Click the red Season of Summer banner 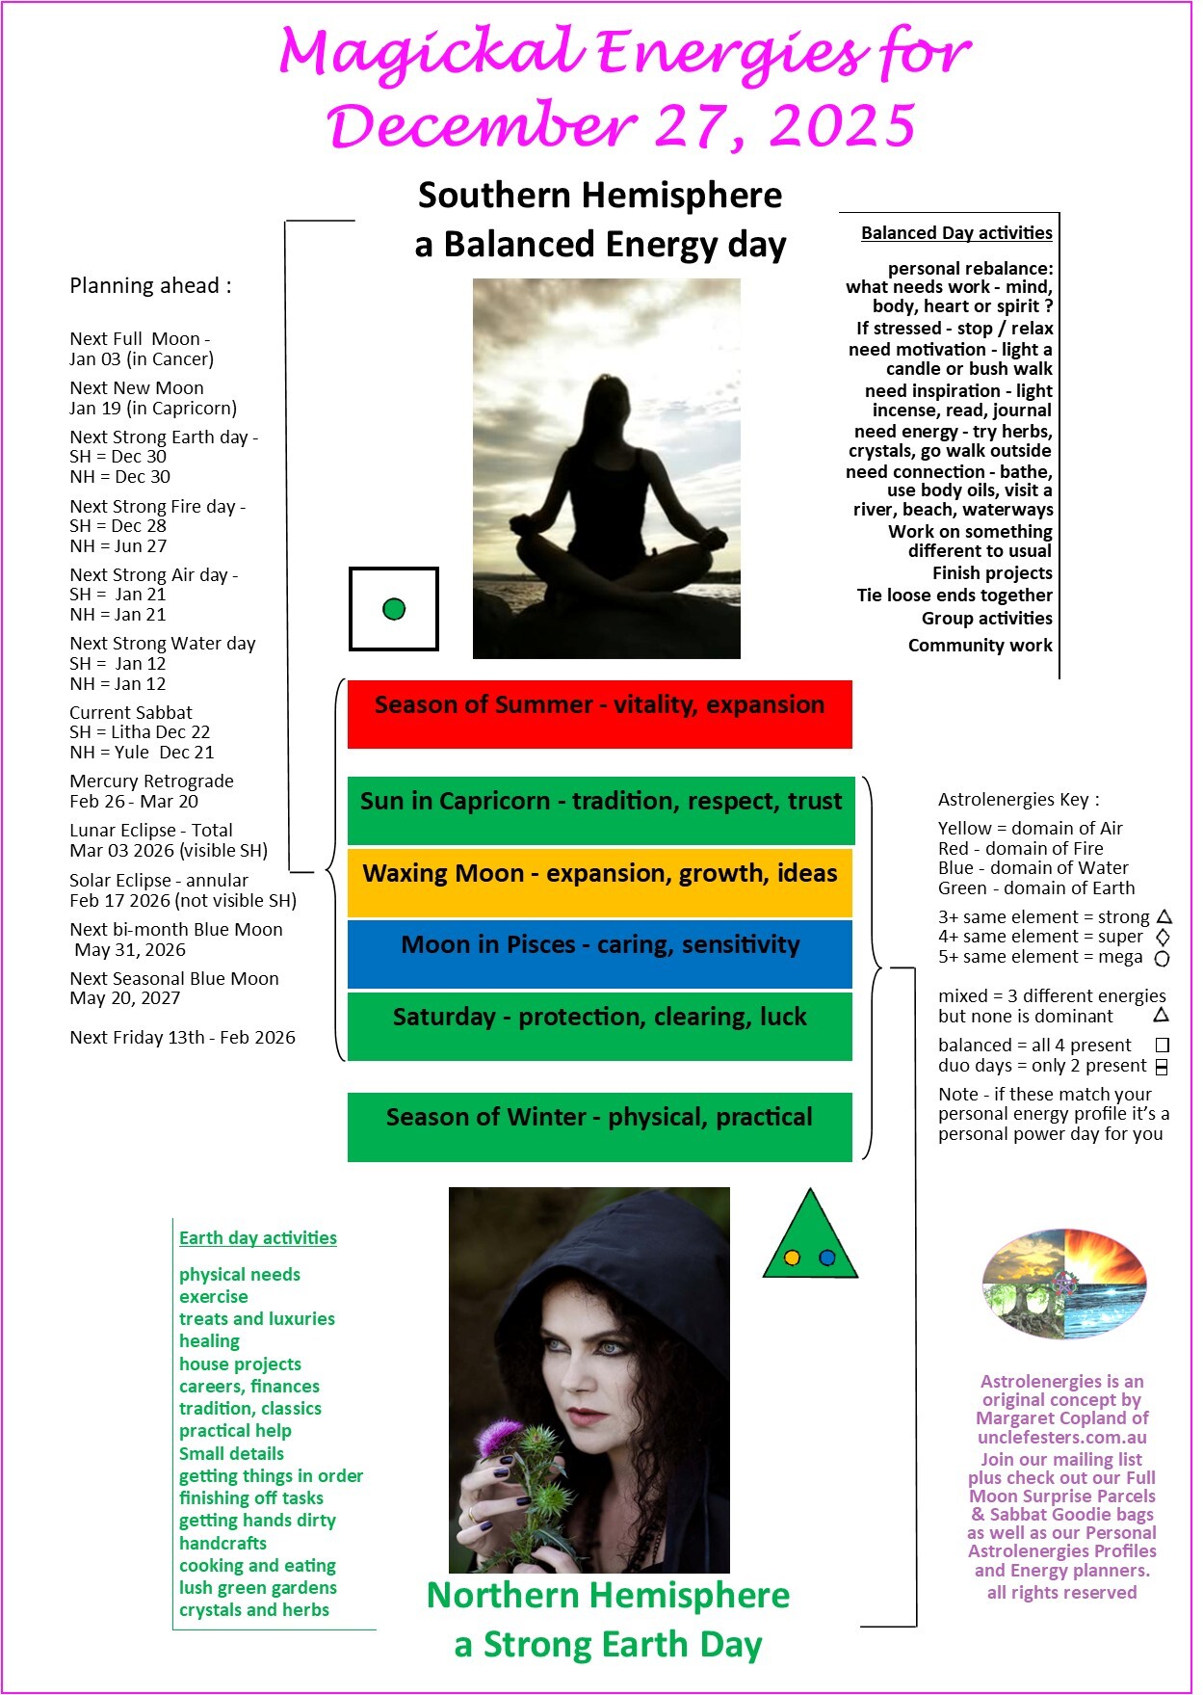[599, 713]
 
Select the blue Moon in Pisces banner [599, 953]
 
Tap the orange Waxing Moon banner [599, 882]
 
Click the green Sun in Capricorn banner [600, 809]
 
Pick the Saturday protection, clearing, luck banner [599, 1025]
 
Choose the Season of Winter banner [599, 1126]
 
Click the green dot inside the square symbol [394, 609]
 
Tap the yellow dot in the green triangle [792, 1258]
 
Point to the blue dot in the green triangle [826, 1258]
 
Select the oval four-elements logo [1064, 1284]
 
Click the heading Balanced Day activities [955, 233]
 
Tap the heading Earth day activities [257, 1238]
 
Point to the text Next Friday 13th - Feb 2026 [182, 1038]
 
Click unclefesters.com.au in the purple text [1061, 1437]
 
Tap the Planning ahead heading [150, 286]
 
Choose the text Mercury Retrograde [151, 781]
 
